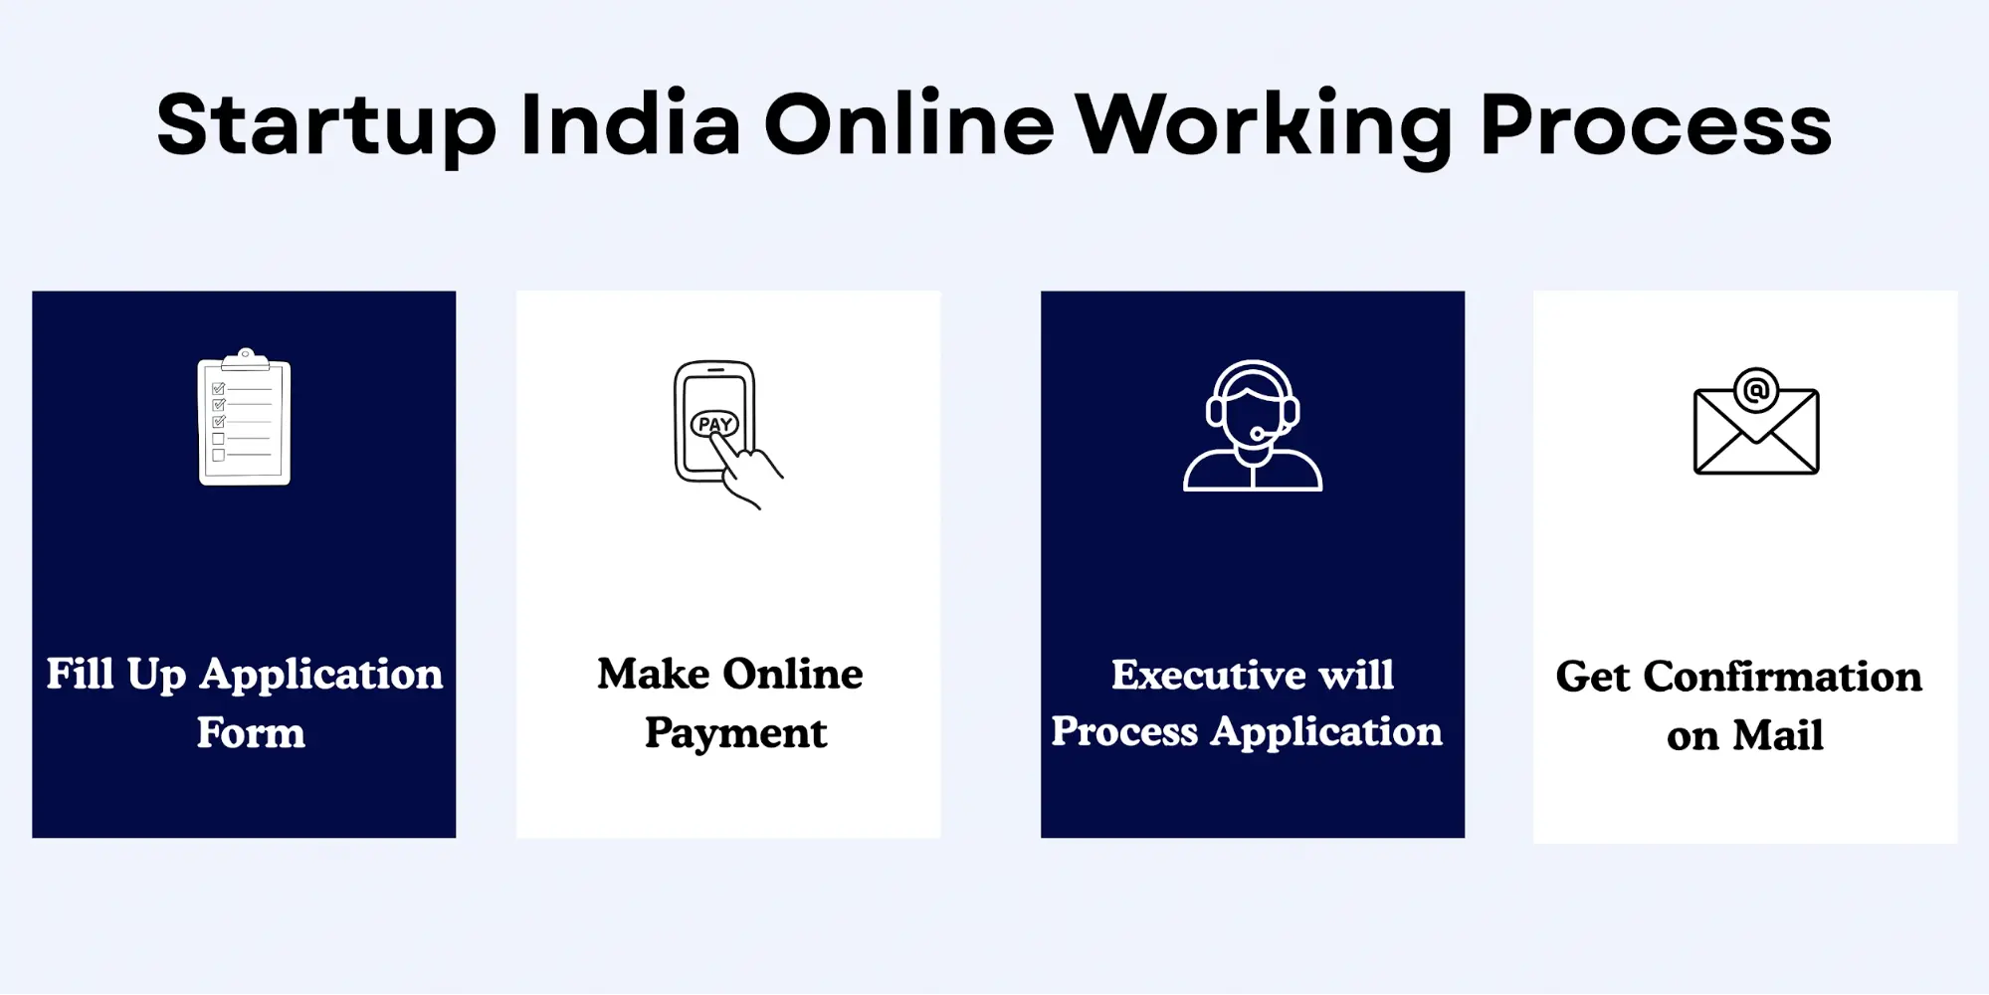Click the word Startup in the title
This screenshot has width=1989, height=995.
coord(326,125)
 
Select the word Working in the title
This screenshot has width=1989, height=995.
coord(1264,125)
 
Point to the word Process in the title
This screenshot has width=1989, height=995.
coord(1656,125)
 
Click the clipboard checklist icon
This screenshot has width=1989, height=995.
coord(245,419)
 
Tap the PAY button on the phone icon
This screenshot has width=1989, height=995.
coord(714,425)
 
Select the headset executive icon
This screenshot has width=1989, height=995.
coord(1253,426)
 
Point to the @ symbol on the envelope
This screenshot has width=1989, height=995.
coord(1756,389)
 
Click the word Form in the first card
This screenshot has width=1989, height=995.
coord(251,733)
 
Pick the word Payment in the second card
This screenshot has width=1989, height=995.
coord(735,733)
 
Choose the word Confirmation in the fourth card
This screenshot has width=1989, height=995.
coord(1782,677)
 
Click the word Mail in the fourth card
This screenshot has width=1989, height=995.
coord(1778,736)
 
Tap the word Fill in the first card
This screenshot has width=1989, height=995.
coord(80,674)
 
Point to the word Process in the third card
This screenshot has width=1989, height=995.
coord(1124,732)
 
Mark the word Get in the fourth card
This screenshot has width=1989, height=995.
coord(1593,677)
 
